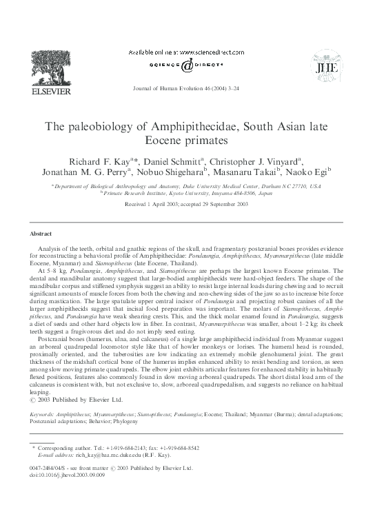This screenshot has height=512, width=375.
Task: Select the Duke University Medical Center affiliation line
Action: pyautogui.click(x=190, y=186)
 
